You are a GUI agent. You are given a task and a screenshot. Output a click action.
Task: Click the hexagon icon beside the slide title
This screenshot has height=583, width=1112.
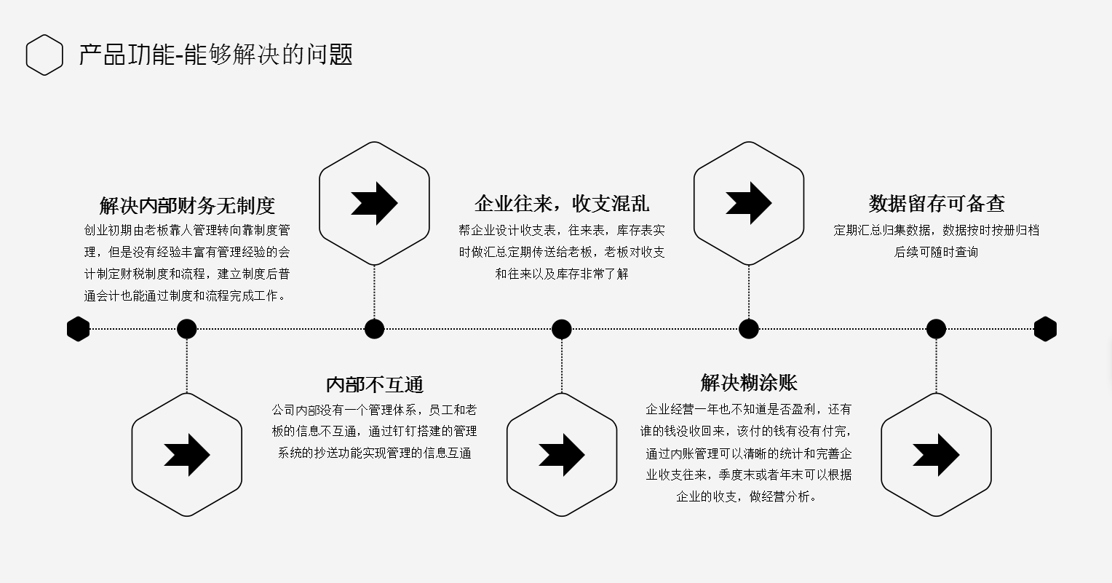click(x=44, y=55)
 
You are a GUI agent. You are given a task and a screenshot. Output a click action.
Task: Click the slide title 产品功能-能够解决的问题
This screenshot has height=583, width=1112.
click(x=215, y=55)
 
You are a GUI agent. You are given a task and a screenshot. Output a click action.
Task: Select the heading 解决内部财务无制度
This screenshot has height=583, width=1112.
click(x=187, y=205)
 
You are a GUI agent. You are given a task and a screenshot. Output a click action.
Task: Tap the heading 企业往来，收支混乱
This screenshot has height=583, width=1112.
click(x=561, y=203)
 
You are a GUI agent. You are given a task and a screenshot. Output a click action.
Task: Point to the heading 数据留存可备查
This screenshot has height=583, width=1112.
click(x=936, y=203)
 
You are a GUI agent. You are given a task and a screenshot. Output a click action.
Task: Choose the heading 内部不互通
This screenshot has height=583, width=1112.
click(x=374, y=384)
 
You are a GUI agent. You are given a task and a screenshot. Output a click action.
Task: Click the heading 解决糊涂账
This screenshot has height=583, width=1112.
click(x=749, y=383)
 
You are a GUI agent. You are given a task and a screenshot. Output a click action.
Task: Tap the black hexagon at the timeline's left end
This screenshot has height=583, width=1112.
click(x=78, y=329)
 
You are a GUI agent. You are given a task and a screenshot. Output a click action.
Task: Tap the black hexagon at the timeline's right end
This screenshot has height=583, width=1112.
click(x=1045, y=329)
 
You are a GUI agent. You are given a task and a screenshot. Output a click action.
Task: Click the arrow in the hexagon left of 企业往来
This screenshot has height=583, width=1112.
click(x=374, y=203)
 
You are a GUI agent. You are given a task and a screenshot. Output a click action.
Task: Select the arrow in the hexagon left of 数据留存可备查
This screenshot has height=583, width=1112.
click(x=748, y=203)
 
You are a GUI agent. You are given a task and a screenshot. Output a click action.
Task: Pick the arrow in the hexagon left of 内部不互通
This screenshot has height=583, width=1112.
click(x=187, y=455)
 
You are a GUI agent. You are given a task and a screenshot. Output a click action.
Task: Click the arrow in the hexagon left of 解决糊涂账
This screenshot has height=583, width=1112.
click(x=561, y=455)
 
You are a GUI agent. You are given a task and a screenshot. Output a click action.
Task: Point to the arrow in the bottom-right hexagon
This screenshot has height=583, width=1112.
click(x=936, y=455)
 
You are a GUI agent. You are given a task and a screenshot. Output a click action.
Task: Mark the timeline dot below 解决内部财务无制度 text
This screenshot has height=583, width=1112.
click(x=187, y=329)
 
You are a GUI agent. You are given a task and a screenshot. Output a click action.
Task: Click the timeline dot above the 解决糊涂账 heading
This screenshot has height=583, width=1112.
click(x=749, y=329)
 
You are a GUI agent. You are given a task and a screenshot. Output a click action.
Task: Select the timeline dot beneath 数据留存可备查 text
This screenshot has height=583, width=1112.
click(x=936, y=329)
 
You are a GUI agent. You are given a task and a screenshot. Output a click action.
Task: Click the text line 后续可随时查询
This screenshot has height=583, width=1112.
click(x=936, y=252)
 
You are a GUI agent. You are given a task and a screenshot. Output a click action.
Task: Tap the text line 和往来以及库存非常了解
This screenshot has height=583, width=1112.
click(x=561, y=274)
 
